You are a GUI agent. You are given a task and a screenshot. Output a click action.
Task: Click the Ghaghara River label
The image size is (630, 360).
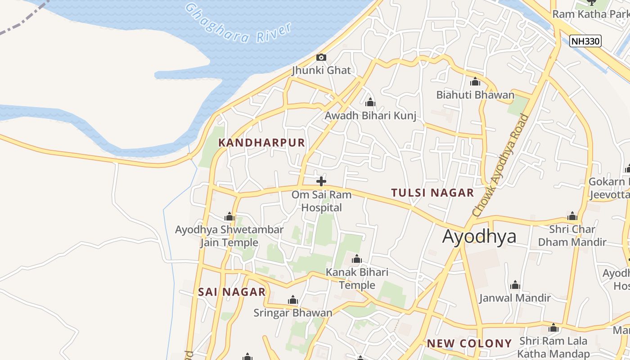(x=238, y=25)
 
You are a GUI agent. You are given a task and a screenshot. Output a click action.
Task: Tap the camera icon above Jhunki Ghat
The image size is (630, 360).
(x=321, y=57)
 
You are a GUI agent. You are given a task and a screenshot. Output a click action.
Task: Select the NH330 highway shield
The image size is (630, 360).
(x=585, y=41)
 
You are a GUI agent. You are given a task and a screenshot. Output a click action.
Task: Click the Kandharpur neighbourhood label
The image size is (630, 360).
(x=261, y=143)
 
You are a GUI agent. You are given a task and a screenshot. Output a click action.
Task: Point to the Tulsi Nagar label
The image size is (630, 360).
(x=432, y=193)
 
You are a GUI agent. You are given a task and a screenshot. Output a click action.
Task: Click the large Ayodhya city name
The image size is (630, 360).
(x=479, y=236)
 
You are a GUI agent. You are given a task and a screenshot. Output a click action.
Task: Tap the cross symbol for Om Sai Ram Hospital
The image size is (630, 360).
(x=321, y=181)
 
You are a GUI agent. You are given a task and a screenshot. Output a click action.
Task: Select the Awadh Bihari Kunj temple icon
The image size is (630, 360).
(x=370, y=103)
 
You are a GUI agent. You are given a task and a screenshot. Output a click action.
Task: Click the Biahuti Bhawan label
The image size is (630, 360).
(x=475, y=95)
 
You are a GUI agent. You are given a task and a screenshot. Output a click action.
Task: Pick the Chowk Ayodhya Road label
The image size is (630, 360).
(x=501, y=165)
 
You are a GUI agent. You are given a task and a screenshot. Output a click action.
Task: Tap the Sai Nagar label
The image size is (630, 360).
(x=232, y=292)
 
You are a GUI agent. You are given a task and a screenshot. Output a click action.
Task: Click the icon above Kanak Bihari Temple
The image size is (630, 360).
(x=357, y=259)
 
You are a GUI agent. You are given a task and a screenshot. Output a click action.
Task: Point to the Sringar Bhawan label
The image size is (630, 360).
(x=292, y=313)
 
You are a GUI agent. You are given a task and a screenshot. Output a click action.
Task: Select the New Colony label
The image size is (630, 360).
(x=469, y=343)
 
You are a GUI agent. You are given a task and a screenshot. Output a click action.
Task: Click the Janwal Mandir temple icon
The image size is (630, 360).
(x=515, y=285)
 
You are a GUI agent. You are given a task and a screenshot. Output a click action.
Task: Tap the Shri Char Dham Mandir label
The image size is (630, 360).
(x=572, y=235)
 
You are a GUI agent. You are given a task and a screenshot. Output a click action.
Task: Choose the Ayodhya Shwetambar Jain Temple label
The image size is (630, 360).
(x=229, y=236)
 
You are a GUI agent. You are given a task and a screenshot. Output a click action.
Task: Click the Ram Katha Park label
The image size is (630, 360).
(x=590, y=14)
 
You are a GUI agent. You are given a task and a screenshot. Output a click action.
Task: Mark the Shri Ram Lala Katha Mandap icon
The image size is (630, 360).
(x=553, y=328)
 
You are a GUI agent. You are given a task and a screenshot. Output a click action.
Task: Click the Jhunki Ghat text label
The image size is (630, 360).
(x=321, y=71)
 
